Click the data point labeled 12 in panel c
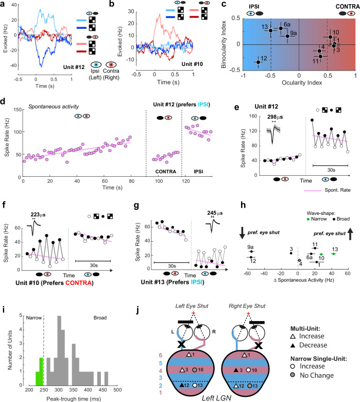pyautogui.click(x=258, y=62)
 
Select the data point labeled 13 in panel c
pyautogui.click(x=270, y=31)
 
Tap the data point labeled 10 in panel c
pyautogui.click(x=330, y=37)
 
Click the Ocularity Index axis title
pyautogui.click(x=302, y=83)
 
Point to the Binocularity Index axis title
pyautogui.click(x=224, y=44)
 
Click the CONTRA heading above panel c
pyautogui.click(x=348, y=6)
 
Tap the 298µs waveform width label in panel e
pyautogui.click(x=275, y=117)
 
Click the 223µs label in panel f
pyautogui.click(x=38, y=214)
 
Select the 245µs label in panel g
pyautogui.click(x=215, y=213)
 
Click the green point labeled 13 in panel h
pyautogui.click(x=333, y=254)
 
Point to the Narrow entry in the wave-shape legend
pyautogui.click(x=317, y=219)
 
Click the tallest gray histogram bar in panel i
pyautogui.click(x=59, y=350)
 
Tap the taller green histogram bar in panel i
pyautogui.click(x=41, y=372)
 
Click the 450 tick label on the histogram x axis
pyautogui.click(x=103, y=390)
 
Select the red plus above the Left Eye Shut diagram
pyautogui.click(x=193, y=313)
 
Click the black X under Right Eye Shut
pyautogui.click(x=258, y=346)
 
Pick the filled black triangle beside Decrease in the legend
pyautogui.click(x=293, y=345)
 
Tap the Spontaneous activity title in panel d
pyautogui.click(x=54, y=107)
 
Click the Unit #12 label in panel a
pyautogui.click(x=74, y=67)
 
